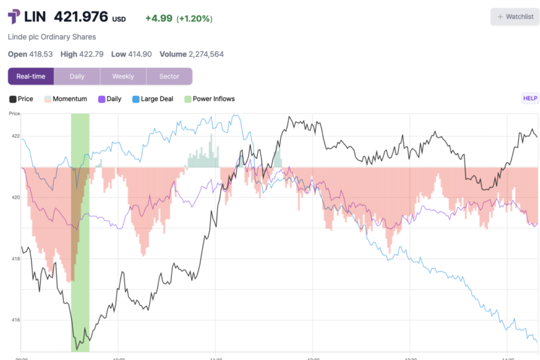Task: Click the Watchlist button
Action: tap(515, 17)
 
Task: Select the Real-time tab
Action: tap(31, 76)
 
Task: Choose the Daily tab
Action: tap(77, 76)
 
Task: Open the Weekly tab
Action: tap(123, 76)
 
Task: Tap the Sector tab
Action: tap(169, 76)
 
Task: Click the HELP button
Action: tap(529, 98)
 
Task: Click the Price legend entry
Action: tap(22, 99)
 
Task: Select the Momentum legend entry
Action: tap(66, 99)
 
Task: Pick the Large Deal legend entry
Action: tap(152, 99)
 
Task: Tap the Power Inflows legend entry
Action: tap(209, 99)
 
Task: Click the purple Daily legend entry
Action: tap(110, 99)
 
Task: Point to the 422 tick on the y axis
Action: tap(16, 136)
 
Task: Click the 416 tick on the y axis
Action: tap(16, 320)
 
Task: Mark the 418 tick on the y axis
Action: tap(16, 259)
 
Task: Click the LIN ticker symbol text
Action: tap(35, 17)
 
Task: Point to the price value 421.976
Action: tap(81, 17)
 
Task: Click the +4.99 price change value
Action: tap(158, 19)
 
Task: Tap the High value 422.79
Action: tap(92, 54)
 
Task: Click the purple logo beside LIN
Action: tap(14, 17)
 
